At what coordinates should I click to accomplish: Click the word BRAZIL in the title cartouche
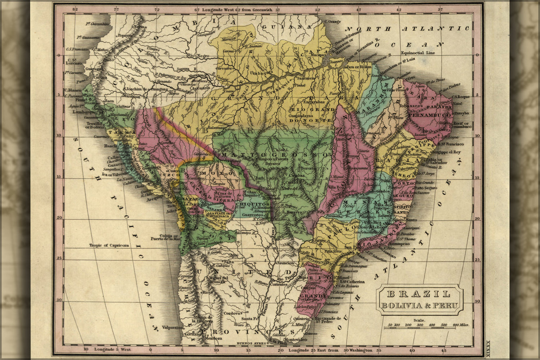(419, 294)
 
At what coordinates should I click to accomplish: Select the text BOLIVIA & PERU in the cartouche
(419, 306)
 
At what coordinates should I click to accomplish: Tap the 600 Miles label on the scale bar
(461, 325)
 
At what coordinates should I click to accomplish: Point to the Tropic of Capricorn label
(109, 246)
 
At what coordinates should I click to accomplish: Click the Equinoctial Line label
(418, 53)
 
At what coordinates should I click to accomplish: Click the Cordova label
(232, 313)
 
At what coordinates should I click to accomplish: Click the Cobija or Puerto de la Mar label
(165, 236)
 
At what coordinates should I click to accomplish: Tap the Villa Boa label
(335, 187)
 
